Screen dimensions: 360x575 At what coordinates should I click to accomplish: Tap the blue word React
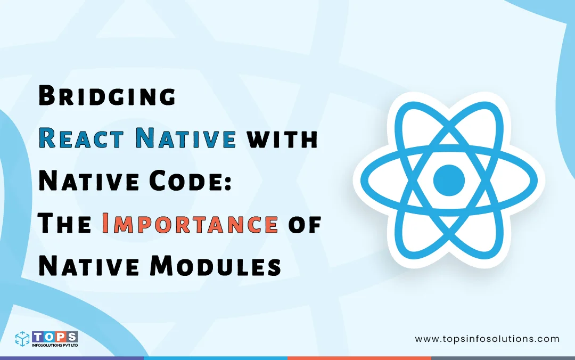point(83,139)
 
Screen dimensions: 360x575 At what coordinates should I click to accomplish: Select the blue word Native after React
point(186,139)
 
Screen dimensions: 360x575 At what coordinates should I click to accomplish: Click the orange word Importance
point(190,225)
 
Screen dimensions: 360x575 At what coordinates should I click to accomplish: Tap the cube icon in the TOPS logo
point(23,339)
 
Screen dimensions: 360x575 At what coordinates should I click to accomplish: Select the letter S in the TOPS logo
point(72,336)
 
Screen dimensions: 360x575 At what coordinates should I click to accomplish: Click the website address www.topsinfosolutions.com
point(487,339)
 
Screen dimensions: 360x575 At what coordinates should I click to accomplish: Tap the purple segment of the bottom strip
point(72,358)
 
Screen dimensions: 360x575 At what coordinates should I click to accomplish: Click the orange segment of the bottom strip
point(359,358)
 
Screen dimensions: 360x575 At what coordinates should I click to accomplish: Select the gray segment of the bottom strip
point(503,358)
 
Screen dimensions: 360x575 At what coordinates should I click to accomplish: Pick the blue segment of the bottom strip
point(216,358)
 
